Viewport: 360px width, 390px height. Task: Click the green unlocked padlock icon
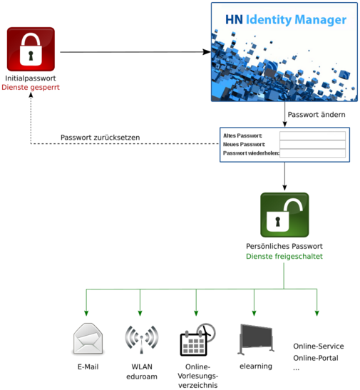[284, 215]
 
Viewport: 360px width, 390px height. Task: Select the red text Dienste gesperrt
[31, 87]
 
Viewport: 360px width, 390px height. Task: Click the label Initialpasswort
[31, 78]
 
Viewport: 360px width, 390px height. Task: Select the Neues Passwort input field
[312, 144]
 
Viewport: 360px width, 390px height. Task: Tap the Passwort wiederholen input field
[312, 153]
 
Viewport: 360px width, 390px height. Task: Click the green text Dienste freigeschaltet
[284, 256]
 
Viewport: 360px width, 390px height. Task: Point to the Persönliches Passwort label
[284, 246]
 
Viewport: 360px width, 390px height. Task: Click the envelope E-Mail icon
[88, 339]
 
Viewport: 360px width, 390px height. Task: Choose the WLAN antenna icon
[140, 340]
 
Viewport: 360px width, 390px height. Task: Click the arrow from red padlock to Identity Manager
[135, 52]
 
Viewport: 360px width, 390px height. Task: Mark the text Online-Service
[318, 347]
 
